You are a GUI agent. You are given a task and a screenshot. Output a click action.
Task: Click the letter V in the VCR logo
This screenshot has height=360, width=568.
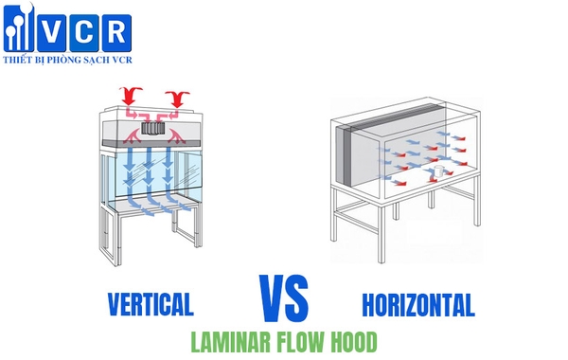point(63,31)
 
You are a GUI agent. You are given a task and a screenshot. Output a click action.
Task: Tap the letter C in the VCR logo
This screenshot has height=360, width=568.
point(90,31)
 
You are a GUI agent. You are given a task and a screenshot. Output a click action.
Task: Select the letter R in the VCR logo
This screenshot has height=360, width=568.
point(116,31)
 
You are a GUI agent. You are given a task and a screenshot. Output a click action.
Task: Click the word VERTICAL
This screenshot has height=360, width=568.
point(151,304)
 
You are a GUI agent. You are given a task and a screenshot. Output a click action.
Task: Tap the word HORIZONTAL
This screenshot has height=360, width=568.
point(417,304)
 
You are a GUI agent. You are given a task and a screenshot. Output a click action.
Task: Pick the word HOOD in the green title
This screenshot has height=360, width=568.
point(353,340)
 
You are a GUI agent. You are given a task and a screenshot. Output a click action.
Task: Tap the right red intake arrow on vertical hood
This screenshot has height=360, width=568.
point(177,97)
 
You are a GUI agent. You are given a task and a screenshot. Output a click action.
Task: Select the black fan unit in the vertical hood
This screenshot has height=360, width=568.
point(151,127)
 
